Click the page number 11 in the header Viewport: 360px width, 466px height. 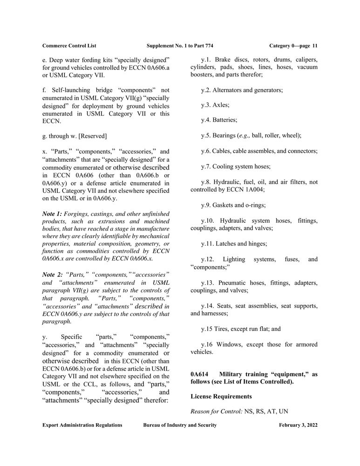pos(315,46)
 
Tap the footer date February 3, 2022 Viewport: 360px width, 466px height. pos(298,425)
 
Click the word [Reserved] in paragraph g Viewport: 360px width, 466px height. pos(91,136)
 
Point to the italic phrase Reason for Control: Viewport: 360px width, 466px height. pos(216,412)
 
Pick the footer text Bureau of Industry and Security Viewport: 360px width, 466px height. pos(180,425)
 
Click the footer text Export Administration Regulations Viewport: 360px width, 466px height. pos(82,425)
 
